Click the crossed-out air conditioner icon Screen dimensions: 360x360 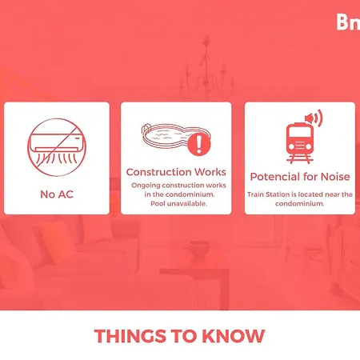(57, 147)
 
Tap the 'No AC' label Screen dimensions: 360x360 (57, 194)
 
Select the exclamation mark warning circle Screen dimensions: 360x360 (199, 144)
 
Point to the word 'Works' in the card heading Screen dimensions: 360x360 (210, 172)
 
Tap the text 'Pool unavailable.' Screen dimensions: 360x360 (178, 204)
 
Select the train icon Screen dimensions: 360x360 (299, 143)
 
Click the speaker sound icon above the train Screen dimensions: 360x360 (314, 118)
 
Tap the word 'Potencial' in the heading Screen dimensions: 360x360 (274, 177)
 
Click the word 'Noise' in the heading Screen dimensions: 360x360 (335, 177)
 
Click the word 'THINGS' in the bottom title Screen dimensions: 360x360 (130, 336)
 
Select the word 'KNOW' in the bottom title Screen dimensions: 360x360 (234, 336)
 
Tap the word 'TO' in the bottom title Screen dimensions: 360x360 (184, 336)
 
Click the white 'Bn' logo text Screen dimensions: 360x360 (348, 22)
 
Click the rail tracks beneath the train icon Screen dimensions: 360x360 (300, 159)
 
